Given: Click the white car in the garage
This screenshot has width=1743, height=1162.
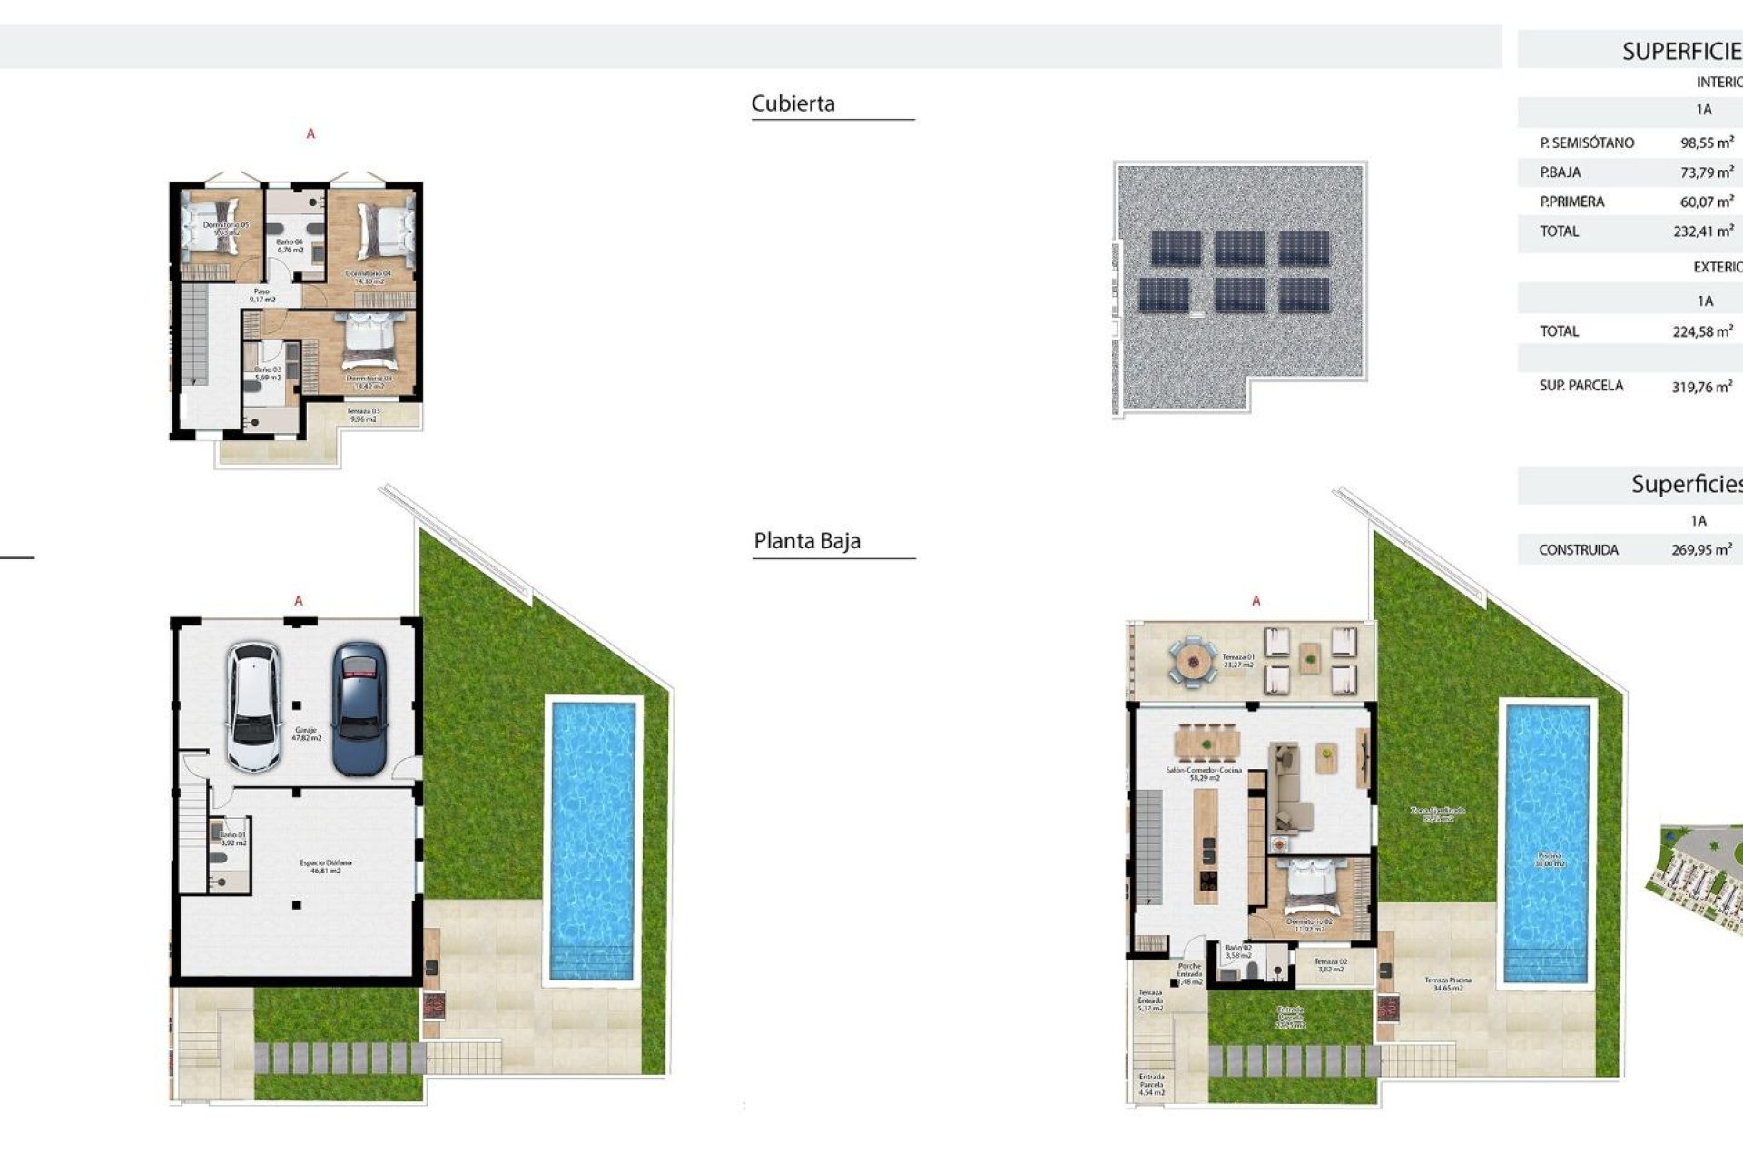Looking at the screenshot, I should coord(253,707).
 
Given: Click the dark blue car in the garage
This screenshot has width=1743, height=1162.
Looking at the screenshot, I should coord(359,709).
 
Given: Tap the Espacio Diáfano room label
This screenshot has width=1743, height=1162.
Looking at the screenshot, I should coord(325,866).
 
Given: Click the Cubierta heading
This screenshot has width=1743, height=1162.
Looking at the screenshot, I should coord(793,103).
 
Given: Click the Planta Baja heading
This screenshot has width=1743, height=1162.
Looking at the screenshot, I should coord(806,541).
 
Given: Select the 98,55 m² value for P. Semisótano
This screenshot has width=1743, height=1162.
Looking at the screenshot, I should coord(1706,143).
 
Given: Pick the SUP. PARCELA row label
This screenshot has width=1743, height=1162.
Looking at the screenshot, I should coord(1581,386).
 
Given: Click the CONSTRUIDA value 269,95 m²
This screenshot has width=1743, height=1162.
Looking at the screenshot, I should coord(1700,549).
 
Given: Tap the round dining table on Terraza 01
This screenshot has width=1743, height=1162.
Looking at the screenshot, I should coord(1191,661).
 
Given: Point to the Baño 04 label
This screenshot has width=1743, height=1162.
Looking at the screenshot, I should coord(290,245).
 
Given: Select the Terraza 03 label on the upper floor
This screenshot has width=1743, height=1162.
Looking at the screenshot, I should coord(363,415).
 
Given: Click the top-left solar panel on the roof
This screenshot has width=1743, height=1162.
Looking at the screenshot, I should coord(1176,248).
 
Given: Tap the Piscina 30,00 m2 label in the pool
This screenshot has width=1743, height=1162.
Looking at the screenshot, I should coord(1549,859).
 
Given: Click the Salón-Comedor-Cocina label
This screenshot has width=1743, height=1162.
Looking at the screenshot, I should coord(1204,773).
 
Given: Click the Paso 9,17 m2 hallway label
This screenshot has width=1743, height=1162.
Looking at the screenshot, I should coord(261,295).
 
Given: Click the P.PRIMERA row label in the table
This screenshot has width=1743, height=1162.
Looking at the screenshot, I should coord(1571,202).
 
